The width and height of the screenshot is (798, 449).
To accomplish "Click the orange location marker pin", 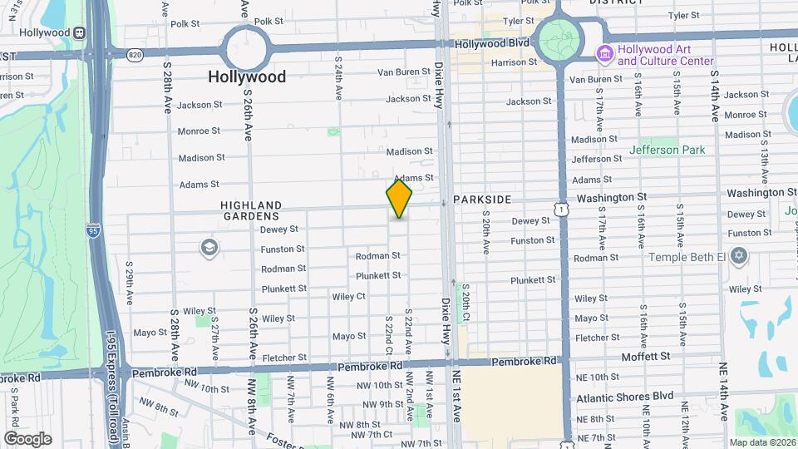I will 399,199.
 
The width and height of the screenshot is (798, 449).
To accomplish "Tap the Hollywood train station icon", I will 80,32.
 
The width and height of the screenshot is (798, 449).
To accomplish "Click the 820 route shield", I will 135,54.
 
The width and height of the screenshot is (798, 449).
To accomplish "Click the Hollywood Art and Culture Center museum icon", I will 605,54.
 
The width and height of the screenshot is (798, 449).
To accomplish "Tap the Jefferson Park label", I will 667,150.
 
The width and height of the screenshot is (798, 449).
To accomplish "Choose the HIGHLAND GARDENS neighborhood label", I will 251,210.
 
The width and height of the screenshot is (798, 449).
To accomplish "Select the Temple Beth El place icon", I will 738,257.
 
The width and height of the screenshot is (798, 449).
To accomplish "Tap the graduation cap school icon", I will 209,247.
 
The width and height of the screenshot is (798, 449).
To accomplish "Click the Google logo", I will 27,438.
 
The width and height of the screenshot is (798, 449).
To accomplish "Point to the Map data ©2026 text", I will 762,442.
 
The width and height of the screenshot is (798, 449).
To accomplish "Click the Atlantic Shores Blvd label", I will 625,397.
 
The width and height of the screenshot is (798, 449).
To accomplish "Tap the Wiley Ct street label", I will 348,296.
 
